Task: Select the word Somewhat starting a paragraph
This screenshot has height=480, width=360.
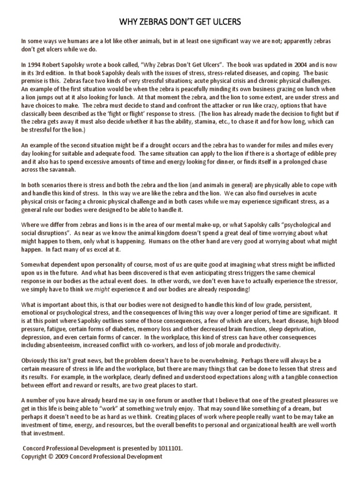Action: pyautogui.click(x=38, y=265)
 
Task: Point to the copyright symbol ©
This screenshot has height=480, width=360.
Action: pyautogui.click(x=54, y=456)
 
